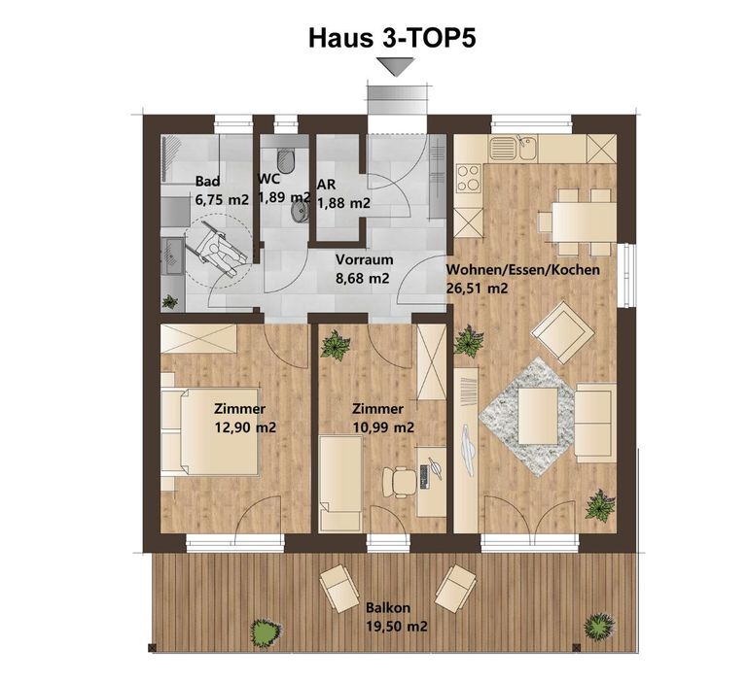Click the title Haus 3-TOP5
tap(392, 38)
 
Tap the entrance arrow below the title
tap(396, 67)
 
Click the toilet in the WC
tap(286, 161)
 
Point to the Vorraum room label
tap(364, 259)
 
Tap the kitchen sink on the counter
tap(514, 148)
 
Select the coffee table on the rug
tap(537, 416)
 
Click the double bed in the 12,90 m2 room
tap(210, 431)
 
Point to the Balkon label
tap(388, 608)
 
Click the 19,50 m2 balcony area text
tap(397, 626)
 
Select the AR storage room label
tap(327, 185)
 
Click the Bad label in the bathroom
tap(208, 182)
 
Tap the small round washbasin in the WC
tap(300, 213)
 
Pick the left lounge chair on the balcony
tap(339, 588)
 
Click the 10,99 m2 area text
tap(383, 427)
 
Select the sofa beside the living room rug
tap(593, 423)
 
